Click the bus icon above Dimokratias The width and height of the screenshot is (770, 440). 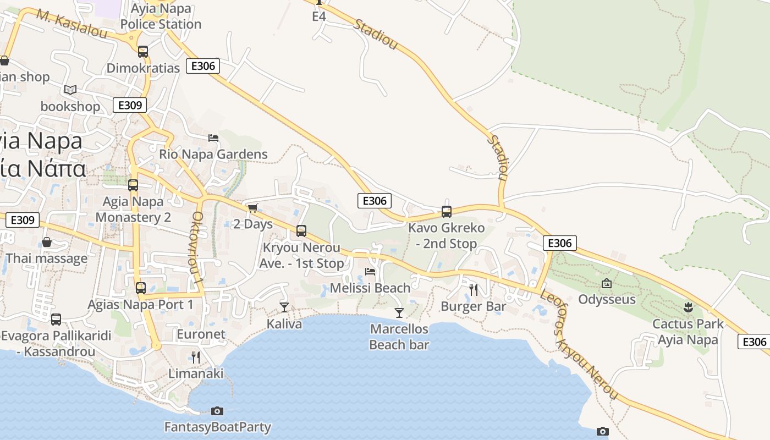(x=143, y=52)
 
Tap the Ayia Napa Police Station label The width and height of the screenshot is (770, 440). (x=161, y=16)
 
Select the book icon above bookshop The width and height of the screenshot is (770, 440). (x=70, y=90)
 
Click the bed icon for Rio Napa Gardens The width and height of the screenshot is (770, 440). (x=213, y=137)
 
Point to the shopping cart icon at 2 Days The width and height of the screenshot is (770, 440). (x=253, y=208)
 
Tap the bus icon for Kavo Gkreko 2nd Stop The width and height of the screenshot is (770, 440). (x=447, y=211)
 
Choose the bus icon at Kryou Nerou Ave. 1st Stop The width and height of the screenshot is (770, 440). (x=301, y=231)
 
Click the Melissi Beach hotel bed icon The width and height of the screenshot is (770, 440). (x=370, y=271)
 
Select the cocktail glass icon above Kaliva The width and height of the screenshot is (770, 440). (x=284, y=307)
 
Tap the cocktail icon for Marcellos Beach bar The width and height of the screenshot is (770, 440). (x=399, y=312)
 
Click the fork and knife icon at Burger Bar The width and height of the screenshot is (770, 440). (x=474, y=289)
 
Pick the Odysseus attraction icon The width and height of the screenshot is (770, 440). (x=607, y=283)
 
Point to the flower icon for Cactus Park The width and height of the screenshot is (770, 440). (x=687, y=307)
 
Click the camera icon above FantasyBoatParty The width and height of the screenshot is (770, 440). (x=217, y=411)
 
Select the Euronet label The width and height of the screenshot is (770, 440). (x=201, y=334)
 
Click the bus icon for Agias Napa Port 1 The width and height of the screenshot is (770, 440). (x=141, y=288)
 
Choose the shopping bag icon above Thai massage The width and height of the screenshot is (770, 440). (x=47, y=242)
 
